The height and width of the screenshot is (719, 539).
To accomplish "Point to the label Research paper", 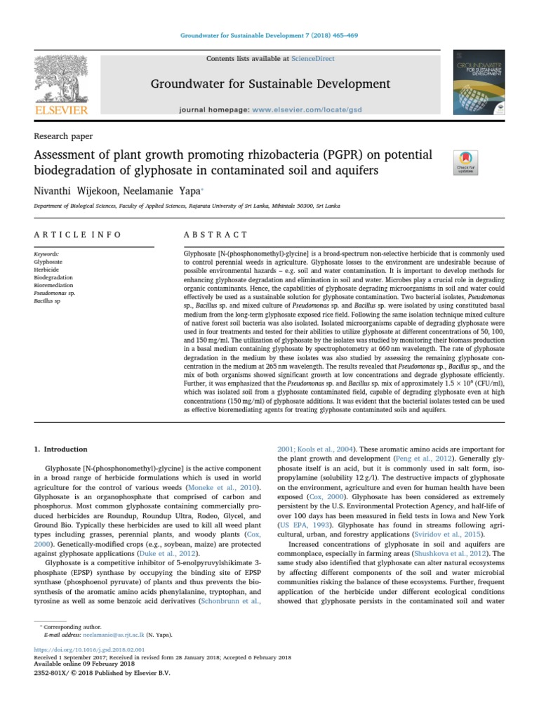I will (x=63, y=136).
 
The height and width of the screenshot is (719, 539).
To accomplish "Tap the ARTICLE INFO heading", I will (x=77, y=235).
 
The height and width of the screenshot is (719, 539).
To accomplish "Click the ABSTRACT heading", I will (x=215, y=235).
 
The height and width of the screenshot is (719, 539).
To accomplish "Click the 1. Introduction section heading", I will (x=61, y=449).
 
